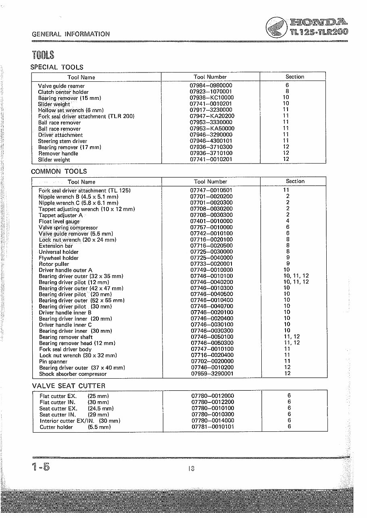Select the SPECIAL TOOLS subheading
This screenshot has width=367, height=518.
point(57,67)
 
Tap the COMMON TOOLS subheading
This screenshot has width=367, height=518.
point(59,171)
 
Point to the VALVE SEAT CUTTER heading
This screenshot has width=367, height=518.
point(69,386)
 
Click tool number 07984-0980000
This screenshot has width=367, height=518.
point(211,85)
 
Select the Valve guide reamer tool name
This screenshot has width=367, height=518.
point(61,86)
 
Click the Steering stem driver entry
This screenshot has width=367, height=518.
point(60,141)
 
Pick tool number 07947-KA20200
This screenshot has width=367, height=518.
point(212,116)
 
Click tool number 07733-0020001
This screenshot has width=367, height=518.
point(211,264)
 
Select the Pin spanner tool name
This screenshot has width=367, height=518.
point(53,362)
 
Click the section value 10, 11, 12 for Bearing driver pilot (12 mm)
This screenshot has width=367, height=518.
point(296,282)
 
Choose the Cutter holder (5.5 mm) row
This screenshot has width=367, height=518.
point(75,427)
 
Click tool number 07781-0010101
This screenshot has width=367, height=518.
point(212,427)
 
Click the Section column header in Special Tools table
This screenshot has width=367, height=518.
point(294,77)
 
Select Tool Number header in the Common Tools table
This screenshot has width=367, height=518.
point(210,182)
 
